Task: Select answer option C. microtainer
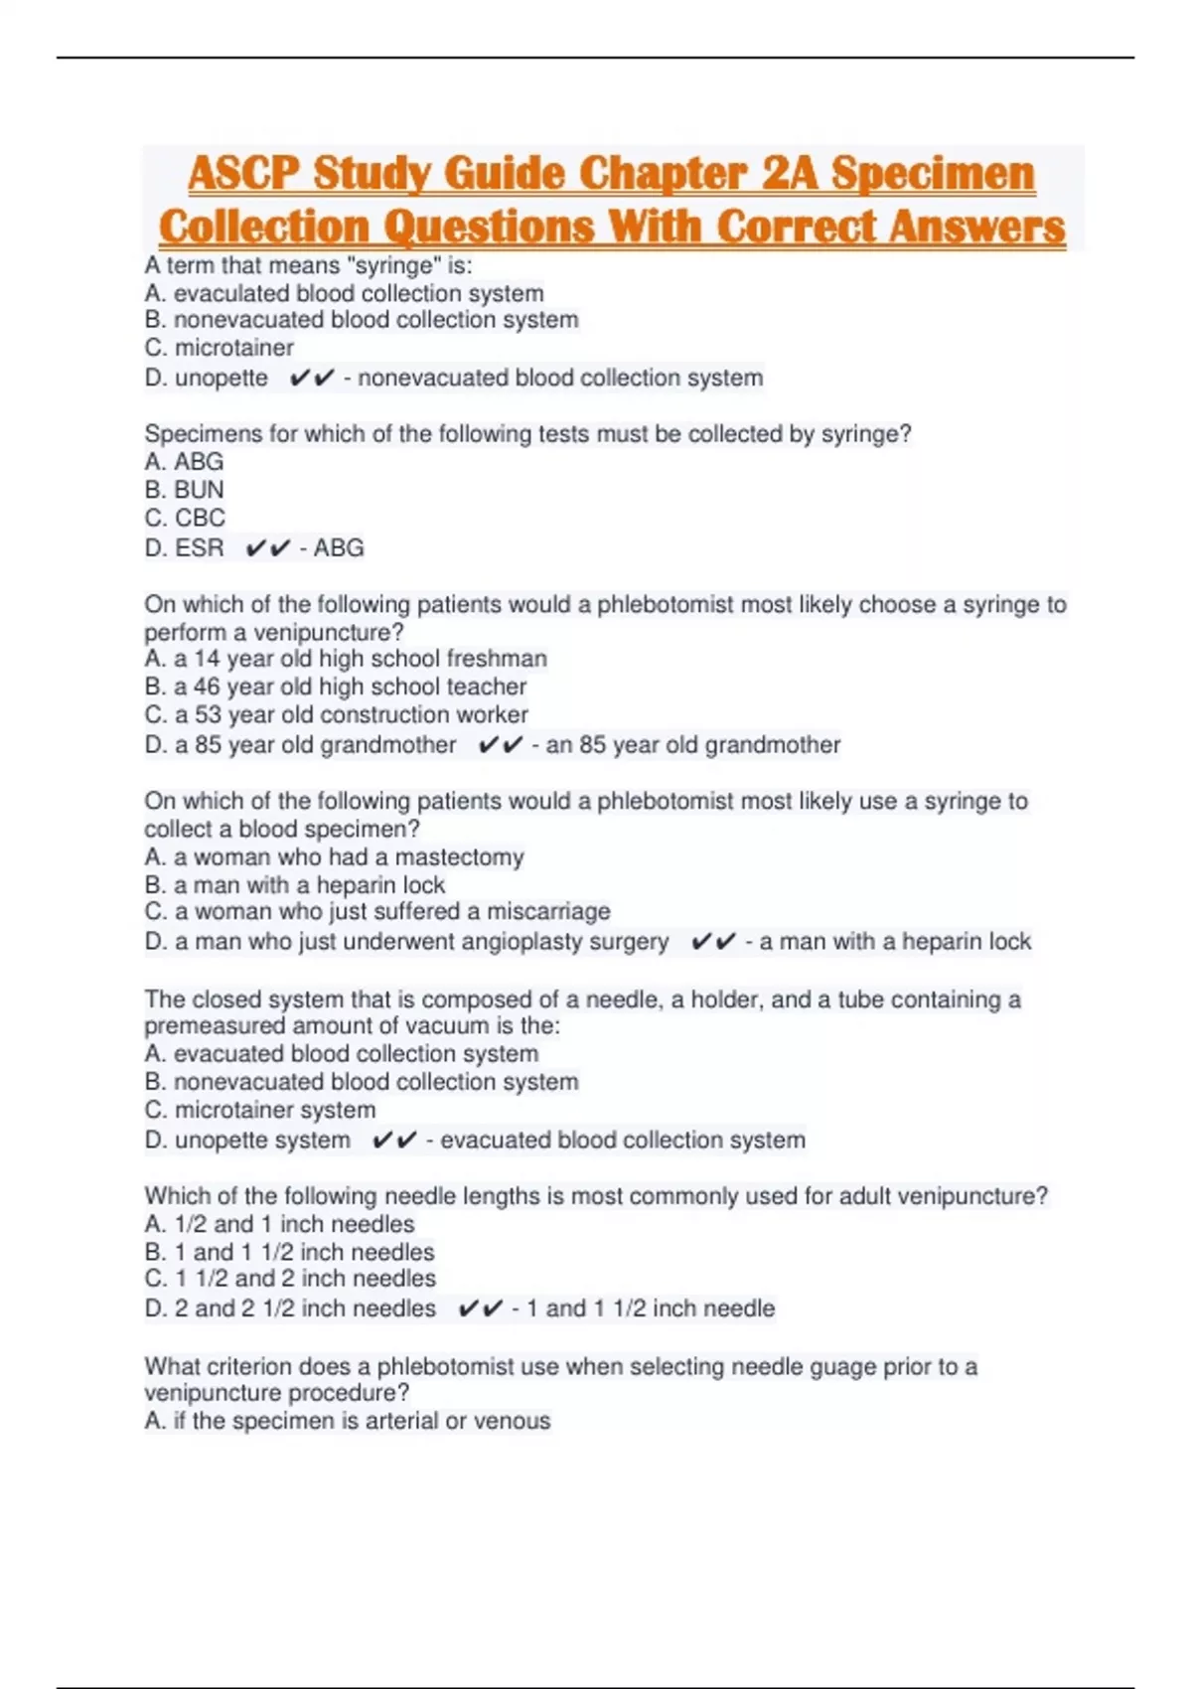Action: tap(219, 348)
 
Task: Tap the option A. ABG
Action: tap(184, 462)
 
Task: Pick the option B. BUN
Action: tap(184, 490)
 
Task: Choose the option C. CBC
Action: tap(185, 518)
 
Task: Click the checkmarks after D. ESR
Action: tap(268, 547)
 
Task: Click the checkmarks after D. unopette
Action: tap(312, 379)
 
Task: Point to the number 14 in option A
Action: tap(207, 659)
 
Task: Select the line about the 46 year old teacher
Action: tap(336, 687)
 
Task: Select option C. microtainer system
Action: tap(260, 1110)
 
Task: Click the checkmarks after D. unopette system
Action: tap(394, 1141)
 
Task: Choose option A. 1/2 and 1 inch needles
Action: tap(279, 1224)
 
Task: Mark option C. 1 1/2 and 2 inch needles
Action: tap(290, 1279)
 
